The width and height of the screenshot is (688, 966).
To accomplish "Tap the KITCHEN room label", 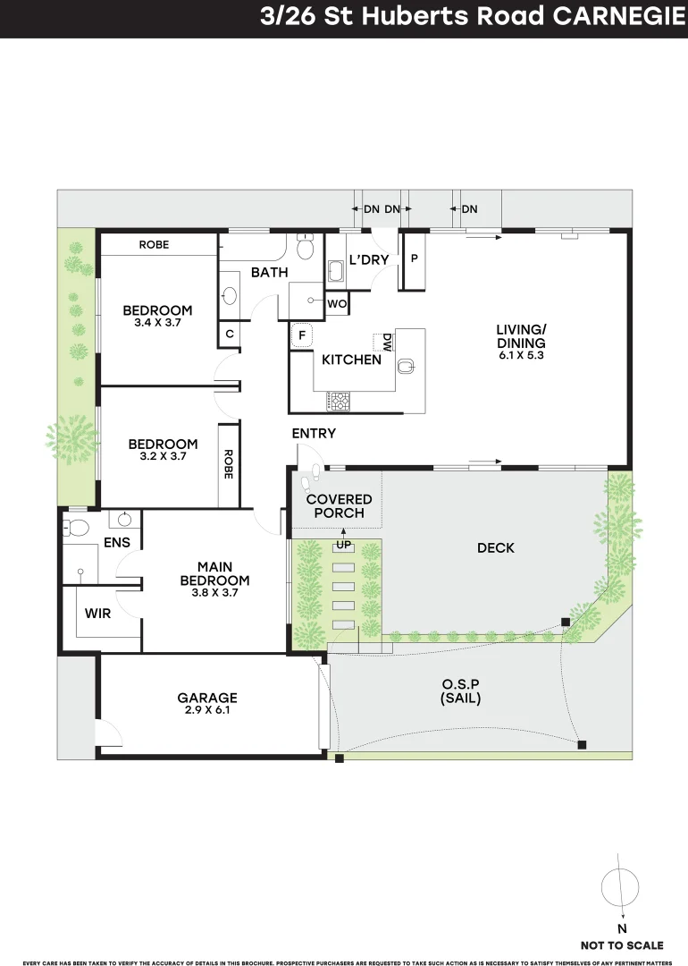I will point(351,360).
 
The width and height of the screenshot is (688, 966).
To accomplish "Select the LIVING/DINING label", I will point(521,336).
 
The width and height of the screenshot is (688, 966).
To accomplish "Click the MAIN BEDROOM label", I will point(214,573).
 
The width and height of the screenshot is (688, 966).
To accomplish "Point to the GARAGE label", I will point(207,698).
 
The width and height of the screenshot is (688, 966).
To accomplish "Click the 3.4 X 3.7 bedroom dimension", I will point(157,324).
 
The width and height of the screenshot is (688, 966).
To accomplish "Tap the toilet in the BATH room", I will point(305,246).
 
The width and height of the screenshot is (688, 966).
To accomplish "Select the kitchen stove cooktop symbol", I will point(340,401).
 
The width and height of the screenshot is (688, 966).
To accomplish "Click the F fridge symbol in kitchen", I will point(302,335).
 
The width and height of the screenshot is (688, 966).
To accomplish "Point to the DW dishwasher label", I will point(387,343).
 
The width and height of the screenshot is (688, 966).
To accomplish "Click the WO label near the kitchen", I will point(336,304).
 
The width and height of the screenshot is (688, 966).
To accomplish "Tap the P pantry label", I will point(415,258).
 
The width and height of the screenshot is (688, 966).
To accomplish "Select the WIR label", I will point(97,614).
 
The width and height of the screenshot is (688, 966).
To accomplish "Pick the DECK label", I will point(496,547).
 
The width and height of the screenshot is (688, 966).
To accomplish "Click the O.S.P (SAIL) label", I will point(460,692).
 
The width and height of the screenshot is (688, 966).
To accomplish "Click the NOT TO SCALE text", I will point(622,945).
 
